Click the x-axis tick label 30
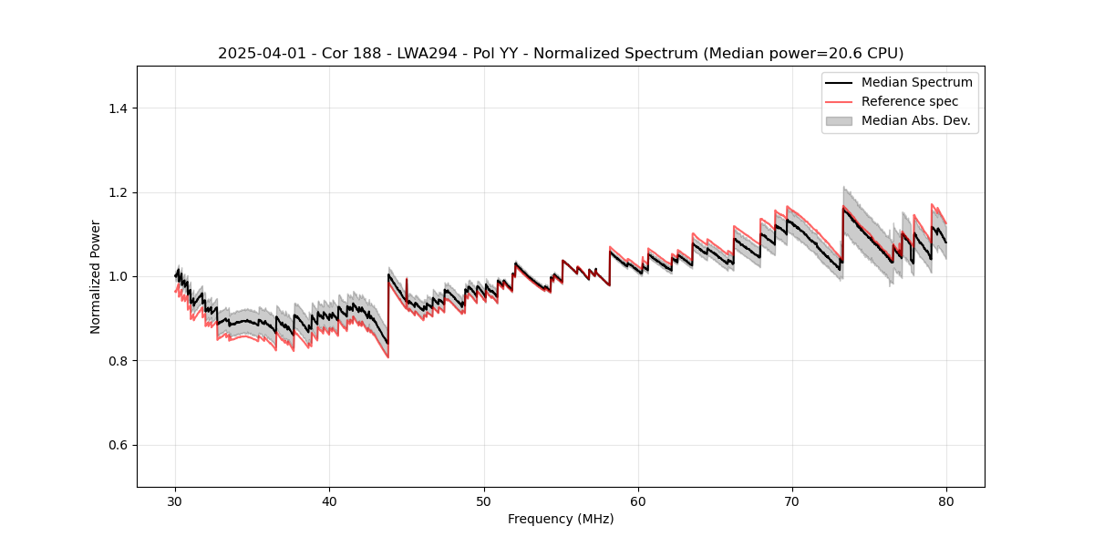coord(175,501)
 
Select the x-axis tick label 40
coord(329,501)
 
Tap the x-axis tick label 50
coord(483,501)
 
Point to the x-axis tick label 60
coord(638,501)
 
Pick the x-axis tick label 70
coord(792,501)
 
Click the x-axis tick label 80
coord(946,501)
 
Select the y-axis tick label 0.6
coord(117,445)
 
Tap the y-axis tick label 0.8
coord(117,361)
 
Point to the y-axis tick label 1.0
coord(117,276)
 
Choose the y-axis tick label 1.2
coord(117,192)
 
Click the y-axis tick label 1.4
coord(117,108)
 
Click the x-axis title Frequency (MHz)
coord(561,520)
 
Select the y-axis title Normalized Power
coord(96,276)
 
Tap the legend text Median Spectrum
coord(916,83)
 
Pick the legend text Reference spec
coord(910,101)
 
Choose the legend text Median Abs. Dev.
coord(915,120)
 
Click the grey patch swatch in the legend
coord(838,120)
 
